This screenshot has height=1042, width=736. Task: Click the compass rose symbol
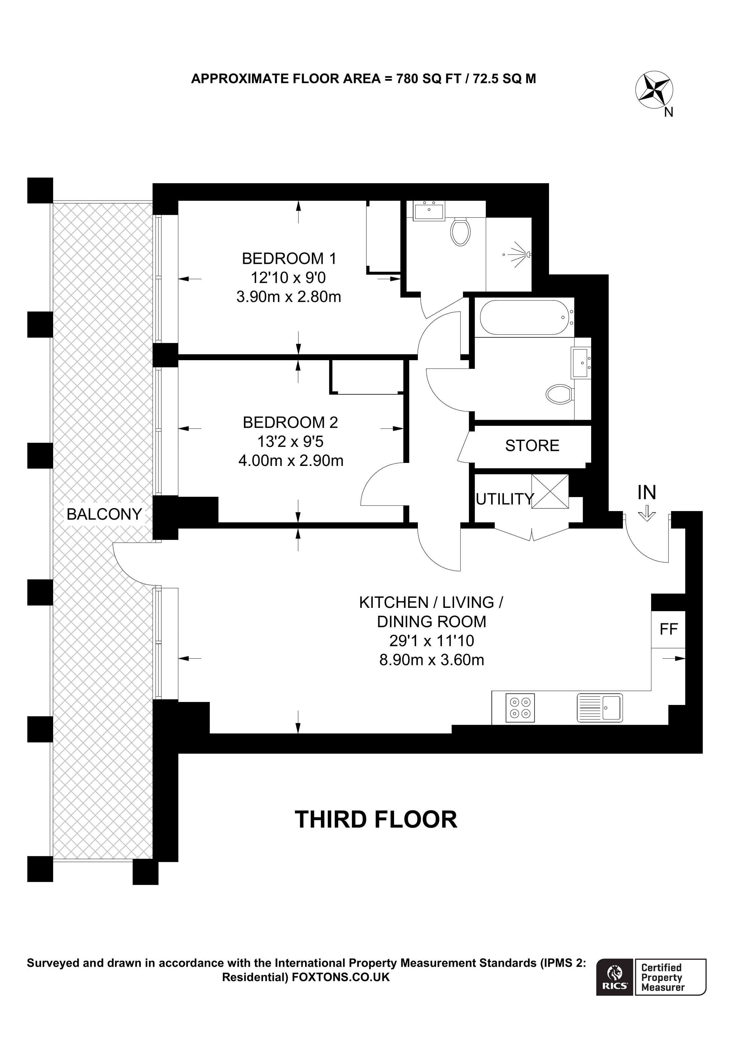[x=654, y=89]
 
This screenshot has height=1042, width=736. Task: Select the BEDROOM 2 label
[x=290, y=422]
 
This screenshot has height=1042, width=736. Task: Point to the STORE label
[x=532, y=446]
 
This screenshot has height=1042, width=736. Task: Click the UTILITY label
[x=504, y=499]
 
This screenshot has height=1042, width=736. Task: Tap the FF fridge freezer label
[x=668, y=629]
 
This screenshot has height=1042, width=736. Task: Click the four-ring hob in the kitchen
[x=520, y=720]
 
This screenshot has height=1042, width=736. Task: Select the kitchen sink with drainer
[x=600, y=720]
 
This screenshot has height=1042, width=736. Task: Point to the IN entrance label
[x=647, y=492]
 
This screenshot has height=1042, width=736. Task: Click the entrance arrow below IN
[x=647, y=513]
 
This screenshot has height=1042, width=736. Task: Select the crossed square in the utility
[x=550, y=491]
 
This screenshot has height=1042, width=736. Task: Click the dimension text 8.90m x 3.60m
[x=432, y=659]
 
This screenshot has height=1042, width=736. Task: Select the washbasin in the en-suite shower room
[x=429, y=211]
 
